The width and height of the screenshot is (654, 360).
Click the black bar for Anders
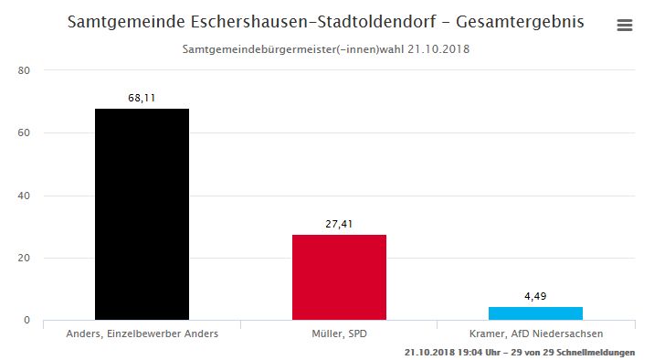coord(142,215)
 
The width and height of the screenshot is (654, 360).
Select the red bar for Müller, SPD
coord(339,278)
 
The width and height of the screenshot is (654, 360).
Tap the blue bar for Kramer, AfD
coord(535,313)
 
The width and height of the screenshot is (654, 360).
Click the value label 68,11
coord(142,98)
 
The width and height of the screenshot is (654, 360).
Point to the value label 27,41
coord(339,224)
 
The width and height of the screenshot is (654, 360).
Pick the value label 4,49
coord(535,296)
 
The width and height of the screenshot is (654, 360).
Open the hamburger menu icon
coord(625,25)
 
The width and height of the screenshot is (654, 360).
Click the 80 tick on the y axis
coord(24,70)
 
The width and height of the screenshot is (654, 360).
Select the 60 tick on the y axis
coord(24,133)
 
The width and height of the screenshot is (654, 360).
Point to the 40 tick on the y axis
coord(24,196)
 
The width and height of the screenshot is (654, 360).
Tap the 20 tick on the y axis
coord(24,258)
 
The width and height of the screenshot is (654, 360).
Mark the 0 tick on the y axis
coord(27,320)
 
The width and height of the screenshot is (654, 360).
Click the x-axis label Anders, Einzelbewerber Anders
coord(142,334)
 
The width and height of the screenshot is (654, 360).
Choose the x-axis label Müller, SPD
coord(340,334)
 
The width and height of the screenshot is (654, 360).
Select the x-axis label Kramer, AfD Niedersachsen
coord(536,334)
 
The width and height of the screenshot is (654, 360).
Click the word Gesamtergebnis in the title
coord(520,22)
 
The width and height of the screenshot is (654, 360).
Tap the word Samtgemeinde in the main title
coord(126,22)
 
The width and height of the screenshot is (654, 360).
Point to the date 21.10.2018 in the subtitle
coord(438,49)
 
